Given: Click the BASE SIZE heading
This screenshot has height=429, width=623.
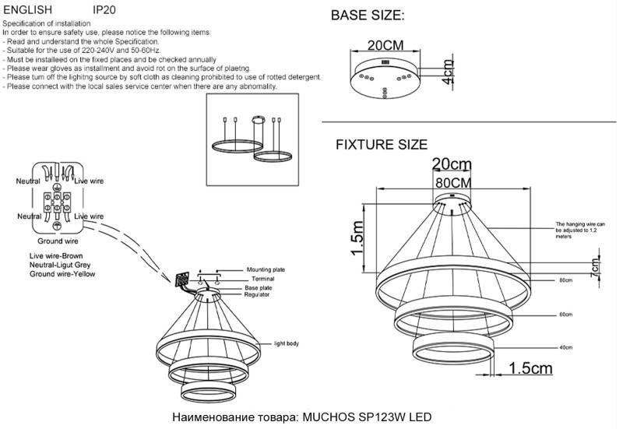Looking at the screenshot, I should (x=368, y=16).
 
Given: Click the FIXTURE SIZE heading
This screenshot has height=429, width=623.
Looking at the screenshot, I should (x=381, y=145).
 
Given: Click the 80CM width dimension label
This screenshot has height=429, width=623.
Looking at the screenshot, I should (x=452, y=181).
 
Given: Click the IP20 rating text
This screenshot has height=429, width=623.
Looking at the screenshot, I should (x=105, y=10).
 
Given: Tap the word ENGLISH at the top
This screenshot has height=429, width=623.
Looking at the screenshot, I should (x=27, y=10).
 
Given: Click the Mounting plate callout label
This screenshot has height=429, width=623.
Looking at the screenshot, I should (x=266, y=269).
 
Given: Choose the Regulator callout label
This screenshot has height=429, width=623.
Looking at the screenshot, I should (x=256, y=296).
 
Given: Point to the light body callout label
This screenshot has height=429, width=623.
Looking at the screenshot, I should (x=286, y=343).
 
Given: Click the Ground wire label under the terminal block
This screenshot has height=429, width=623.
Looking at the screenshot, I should (x=55, y=242).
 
